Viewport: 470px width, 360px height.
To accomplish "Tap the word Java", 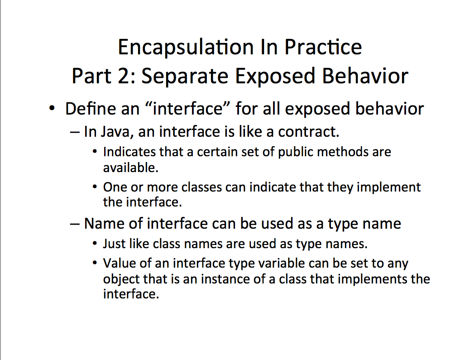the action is (x=116, y=132).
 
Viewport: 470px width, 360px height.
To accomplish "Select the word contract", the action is (x=308, y=132).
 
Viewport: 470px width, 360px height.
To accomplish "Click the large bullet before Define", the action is (x=52, y=109).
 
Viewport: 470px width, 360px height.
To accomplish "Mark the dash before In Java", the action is (x=75, y=133).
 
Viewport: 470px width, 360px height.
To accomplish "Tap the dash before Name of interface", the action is (x=75, y=224).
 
